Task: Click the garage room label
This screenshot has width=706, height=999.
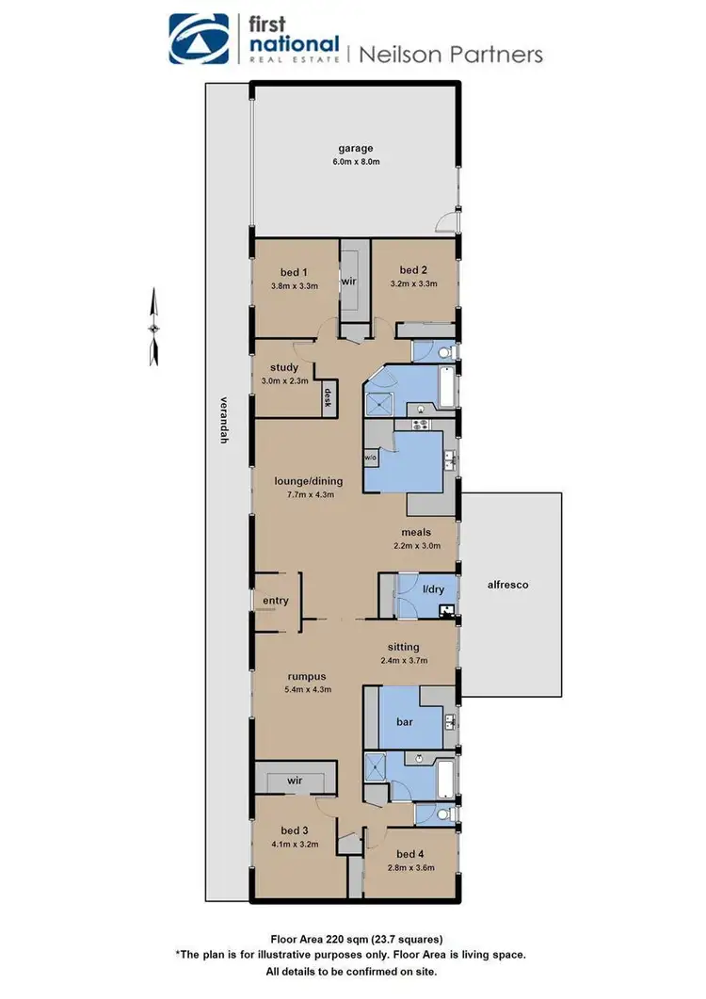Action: tap(357, 148)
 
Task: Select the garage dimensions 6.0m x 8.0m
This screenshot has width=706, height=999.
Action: tap(357, 162)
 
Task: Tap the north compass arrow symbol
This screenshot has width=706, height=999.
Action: tap(154, 328)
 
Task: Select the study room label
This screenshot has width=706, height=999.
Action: tap(284, 367)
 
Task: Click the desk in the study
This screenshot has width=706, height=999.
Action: tap(329, 396)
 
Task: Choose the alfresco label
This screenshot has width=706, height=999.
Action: tap(509, 585)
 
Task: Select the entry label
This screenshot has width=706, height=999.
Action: tap(276, 601)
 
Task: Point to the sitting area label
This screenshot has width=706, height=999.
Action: tap(409, 647)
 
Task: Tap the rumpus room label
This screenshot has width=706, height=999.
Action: tap(307, 676)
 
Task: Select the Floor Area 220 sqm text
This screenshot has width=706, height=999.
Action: tap(352, 939)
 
